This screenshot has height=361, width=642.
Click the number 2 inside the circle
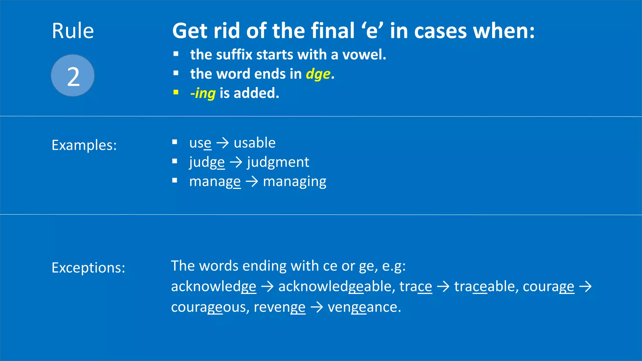point(73,77)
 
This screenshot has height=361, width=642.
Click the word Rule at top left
point(73,31)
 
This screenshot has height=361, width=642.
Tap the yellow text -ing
point(203,93)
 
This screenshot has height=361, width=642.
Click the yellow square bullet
point(176,92)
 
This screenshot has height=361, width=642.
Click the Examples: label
point(84,145)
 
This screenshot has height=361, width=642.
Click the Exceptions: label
point(88,268)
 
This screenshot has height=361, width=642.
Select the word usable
point(255,143)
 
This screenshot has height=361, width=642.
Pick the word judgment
point(278,162)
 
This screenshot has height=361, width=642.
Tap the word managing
point(294,182)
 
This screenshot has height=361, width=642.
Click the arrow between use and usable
point(223,143)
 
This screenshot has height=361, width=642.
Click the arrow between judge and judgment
point(236,162)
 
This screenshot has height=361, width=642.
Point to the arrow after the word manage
point(252,182)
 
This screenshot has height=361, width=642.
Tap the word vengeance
point(364,307)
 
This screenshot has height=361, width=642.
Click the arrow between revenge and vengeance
point(316,307)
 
